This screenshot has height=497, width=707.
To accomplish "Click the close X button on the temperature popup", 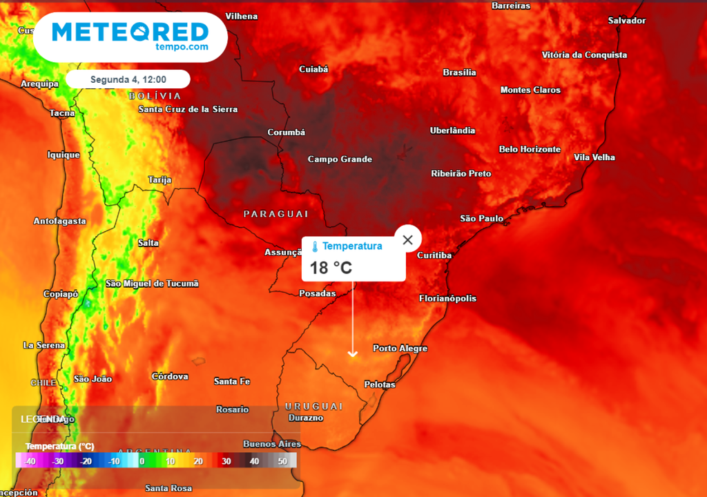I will [408, 240].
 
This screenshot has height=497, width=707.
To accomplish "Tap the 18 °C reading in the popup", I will [331, 268].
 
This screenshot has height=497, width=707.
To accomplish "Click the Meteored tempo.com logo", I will [130, 35].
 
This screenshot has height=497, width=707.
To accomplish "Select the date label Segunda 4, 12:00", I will [128, 79].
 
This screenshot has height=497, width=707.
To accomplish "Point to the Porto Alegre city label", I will [400, 349].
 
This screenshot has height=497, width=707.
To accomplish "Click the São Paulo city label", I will [482, 219].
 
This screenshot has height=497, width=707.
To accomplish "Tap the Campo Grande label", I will [340, 159].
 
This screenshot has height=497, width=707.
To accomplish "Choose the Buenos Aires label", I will [272, 444].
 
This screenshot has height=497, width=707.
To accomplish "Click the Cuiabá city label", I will [313, 69].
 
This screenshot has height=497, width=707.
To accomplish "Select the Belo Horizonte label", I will [530, 149].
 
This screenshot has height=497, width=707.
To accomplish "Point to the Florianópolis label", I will [447, 299].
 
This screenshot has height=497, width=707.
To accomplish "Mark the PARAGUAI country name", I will [275, 214].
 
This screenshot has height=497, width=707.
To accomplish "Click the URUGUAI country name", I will [313, 406].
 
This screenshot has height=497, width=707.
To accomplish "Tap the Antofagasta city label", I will [60, 222].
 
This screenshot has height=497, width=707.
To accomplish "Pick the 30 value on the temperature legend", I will [226, 461].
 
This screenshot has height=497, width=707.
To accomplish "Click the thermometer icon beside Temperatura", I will [314, 246].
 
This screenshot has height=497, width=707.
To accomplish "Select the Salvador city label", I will [627, 21].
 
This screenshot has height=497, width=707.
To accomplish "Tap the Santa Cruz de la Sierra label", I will [188, 110].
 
